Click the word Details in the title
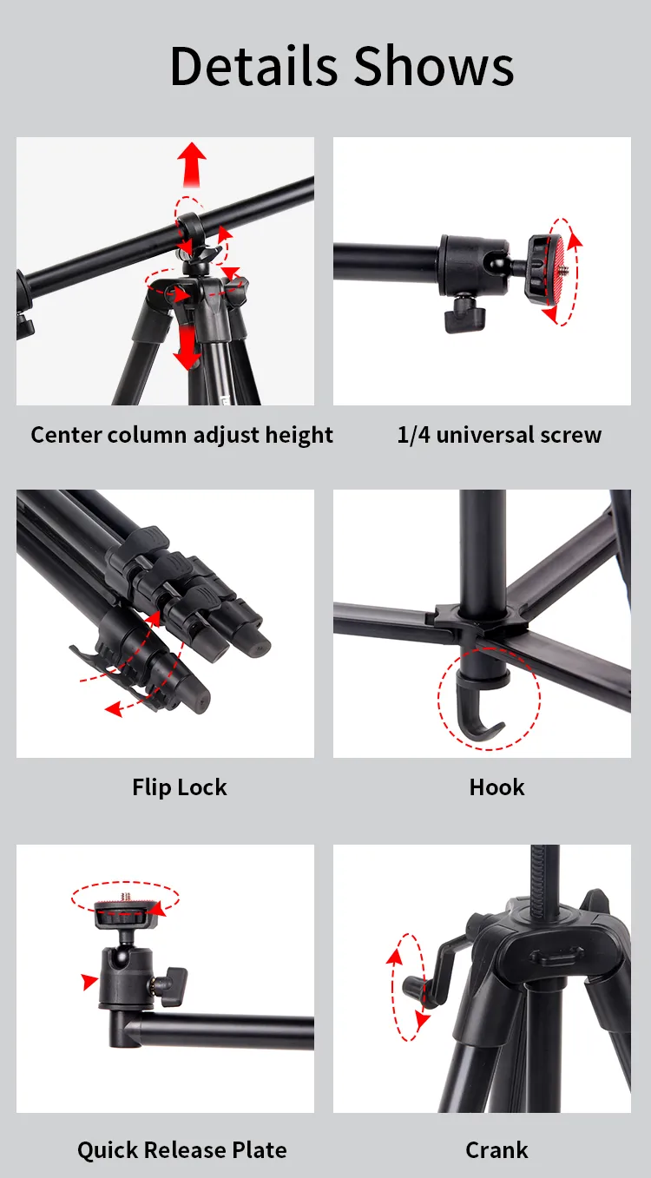click(253, 66)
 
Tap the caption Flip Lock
click(180, 787)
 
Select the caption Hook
click(496, 787)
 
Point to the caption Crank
click(496, 1150)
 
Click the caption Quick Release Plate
click(182, 1150)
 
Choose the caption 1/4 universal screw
click(499, 435)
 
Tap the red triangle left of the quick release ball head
click(89, 982)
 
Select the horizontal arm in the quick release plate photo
click(226, 1031)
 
